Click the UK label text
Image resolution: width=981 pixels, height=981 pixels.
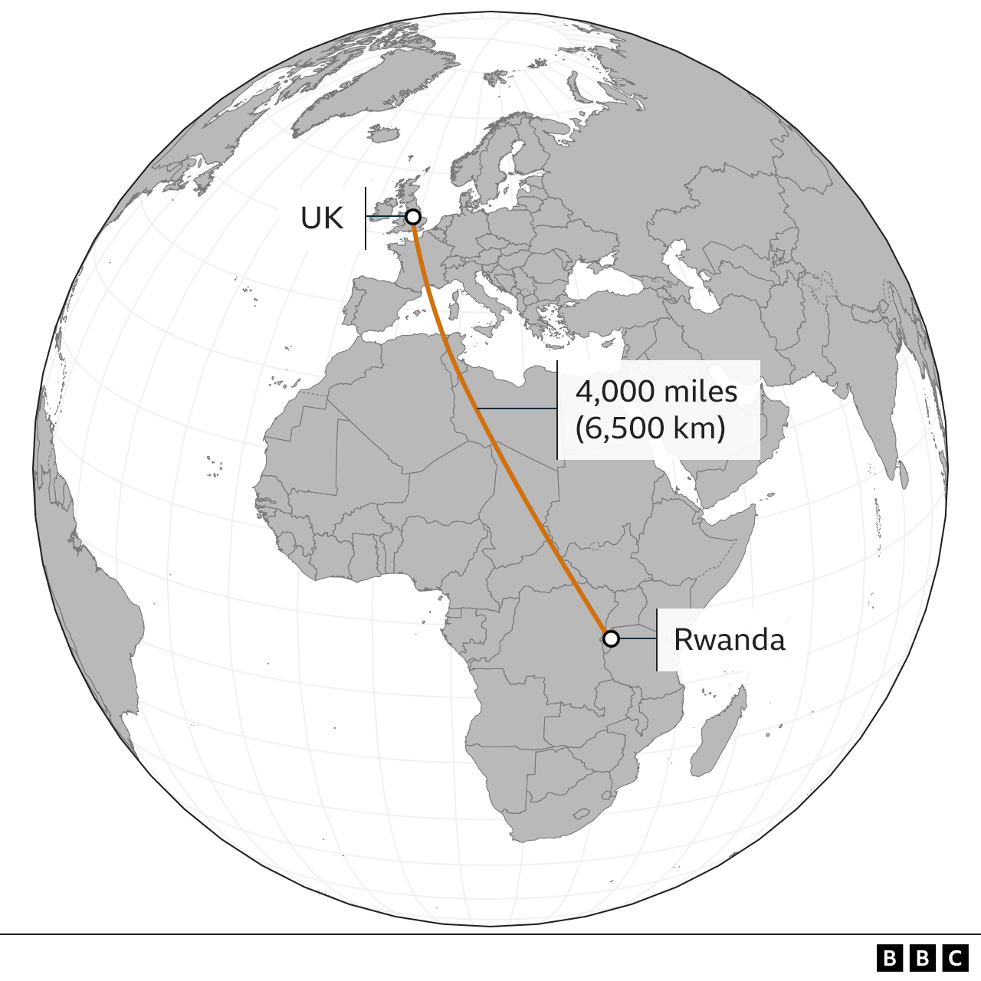pyautogui.click(x=321, y=218)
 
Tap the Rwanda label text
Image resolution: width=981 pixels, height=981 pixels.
pyautogui.click(x=729, y=639)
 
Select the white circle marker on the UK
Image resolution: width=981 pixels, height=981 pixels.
pyautogui.click(x=413, y=217)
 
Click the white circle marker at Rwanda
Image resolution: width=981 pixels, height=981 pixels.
pyautogui.click(x=611, y=638)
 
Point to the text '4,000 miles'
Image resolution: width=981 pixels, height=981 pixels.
pyautogui.click(x=656, y=392)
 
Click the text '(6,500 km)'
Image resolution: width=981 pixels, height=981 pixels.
pyautogui.click(x=650, y=428)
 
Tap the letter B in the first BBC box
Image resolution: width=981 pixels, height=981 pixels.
pyautogui.click(x=889, y=958)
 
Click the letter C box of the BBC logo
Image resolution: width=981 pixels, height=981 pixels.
pyautogui.click(x=955, y=958)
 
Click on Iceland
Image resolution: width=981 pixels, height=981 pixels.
pyautogui.click(x=384, y=134)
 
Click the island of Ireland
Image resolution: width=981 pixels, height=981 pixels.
pyautogui.click(x=382, y=208)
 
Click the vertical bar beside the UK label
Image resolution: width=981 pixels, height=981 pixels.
pyautogui.click(x=366, y=218)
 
